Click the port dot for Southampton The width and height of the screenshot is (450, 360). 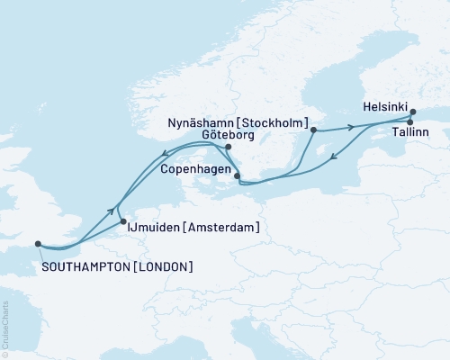(37, 243)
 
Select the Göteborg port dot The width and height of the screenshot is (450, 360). (229, 148)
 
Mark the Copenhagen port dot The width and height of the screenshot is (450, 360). (237, 176)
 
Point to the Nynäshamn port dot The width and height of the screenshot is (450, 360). (313, 130)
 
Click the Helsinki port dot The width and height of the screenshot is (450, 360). (413, 113)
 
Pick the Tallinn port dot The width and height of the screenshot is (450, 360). (409, 122)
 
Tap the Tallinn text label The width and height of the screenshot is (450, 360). (409, 133)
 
